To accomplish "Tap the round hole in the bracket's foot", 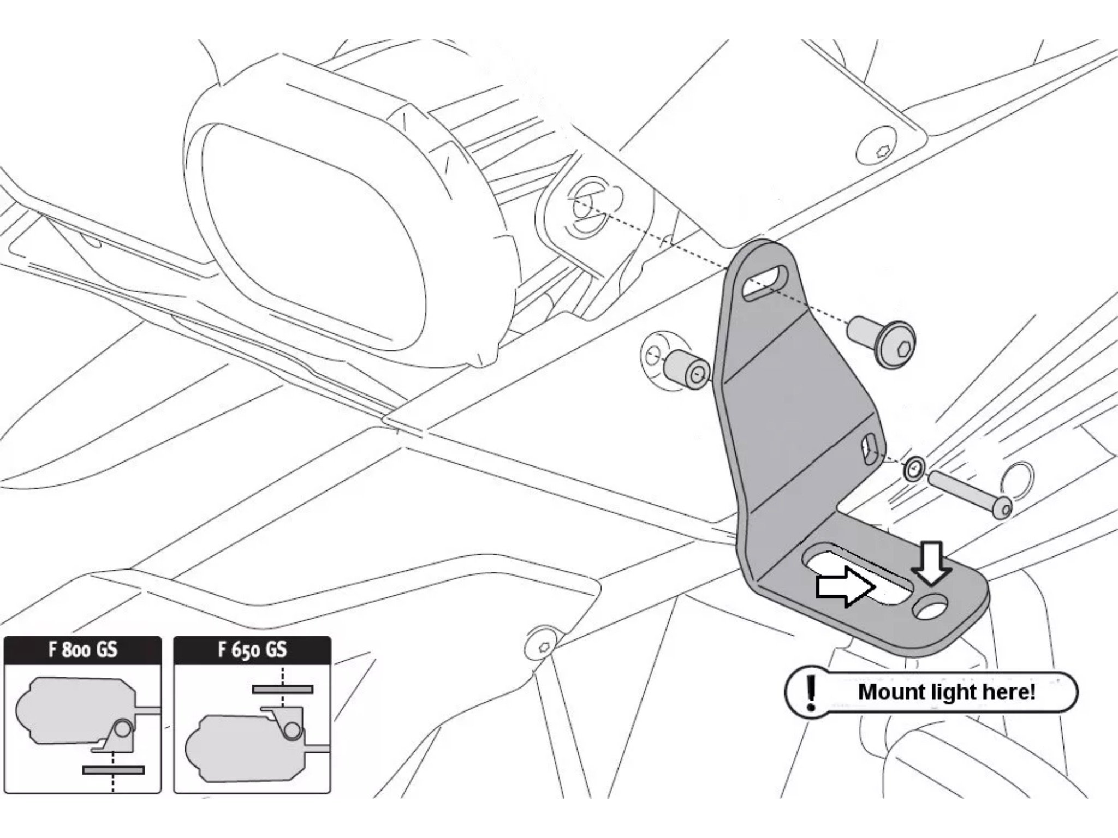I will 932,608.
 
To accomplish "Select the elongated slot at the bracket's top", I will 764,283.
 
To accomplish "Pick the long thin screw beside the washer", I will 970,494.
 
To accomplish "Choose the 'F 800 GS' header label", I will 83,650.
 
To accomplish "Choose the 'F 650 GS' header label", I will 252,650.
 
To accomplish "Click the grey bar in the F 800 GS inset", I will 114,770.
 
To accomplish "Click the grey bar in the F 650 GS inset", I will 282,690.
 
